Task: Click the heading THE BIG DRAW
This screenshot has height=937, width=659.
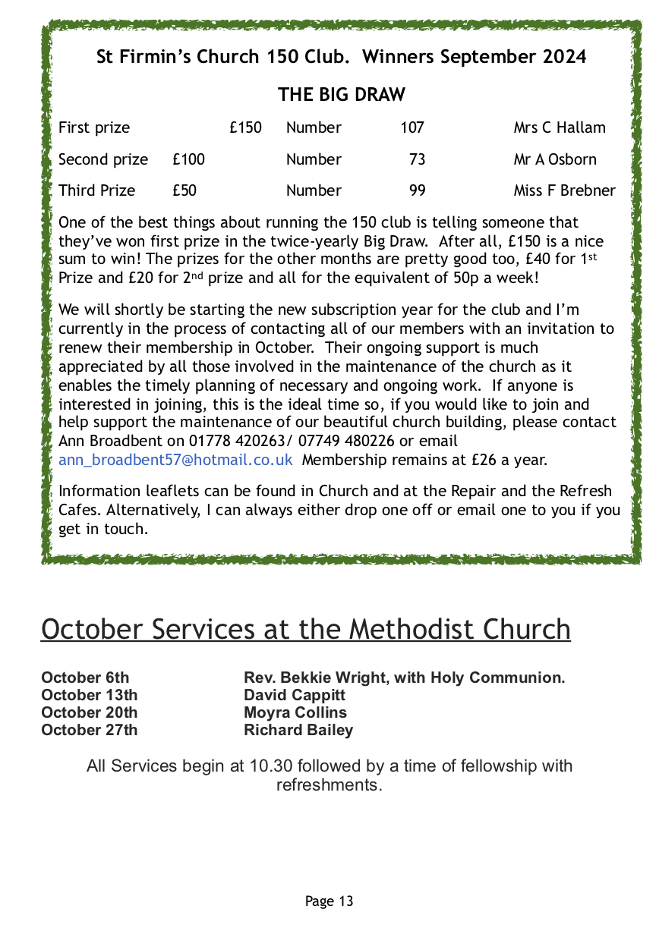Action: pyautogui.click(x=341, y=95)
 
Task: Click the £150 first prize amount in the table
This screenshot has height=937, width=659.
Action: pyautogui.click(x=245, y=127)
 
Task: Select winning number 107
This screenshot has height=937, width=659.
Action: pyautogui.click(x=412, y=127)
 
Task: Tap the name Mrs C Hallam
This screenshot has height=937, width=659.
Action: pyautogui.click(x=560, y=127)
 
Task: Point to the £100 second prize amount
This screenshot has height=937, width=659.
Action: pyautogui.click(x=188, y=159)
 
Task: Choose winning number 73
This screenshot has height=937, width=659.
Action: pyautogui.click(x=417, y=159)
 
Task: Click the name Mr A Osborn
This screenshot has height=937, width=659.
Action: pyautogui.click(x=555, y=159)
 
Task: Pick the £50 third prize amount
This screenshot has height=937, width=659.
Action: pyautogui.click(x=184, y=190)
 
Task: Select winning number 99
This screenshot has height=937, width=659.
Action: pyautogui.click(x=417, y=190)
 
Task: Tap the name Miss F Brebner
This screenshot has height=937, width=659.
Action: pyautogui.click(x=564, y=190)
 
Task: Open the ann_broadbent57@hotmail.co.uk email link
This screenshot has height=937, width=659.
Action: pyautogui.click(x=175, y=460)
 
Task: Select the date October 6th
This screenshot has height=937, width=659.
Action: pyautogui.click(x=85, y=678)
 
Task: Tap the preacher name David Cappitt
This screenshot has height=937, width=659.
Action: pyautogui.click(x=295, y=695)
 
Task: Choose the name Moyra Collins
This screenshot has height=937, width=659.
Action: pyautogui.click(x=295, y=712)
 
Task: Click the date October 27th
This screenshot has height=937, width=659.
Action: pyautogui.click(x=90, y=730)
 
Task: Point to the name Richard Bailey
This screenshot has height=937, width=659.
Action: pyautogui.click(x=298, y=730)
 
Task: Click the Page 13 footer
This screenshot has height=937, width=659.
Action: pyautogui.click(x=329, y=901)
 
